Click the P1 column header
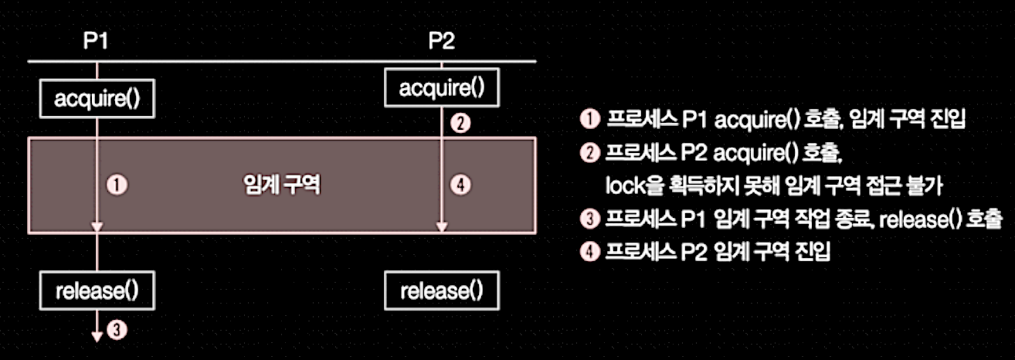tap(96, 41)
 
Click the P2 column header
tap(441, 41)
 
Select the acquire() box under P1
tap(97, 98)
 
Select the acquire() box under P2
tap(442, 87)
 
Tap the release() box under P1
tap(97, 290)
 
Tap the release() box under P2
tap(442, 290)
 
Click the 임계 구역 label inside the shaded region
tap(281, 185)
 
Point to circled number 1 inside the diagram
tap(117, 185)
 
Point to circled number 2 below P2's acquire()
tap(460, 124)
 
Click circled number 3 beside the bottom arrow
tap(117, 330)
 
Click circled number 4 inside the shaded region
tap(460, 185)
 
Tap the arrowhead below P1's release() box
tap(97, 337)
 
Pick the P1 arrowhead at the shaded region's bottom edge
tap(97, 227)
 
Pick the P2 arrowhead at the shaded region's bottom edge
tap(442, 227)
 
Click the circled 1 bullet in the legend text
tap(590, 119)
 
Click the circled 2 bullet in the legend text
tap(590, 153)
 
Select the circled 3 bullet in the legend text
tap(590, 219)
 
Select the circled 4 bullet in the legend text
tap(590, 252)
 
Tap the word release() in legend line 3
tap(920, 220)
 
